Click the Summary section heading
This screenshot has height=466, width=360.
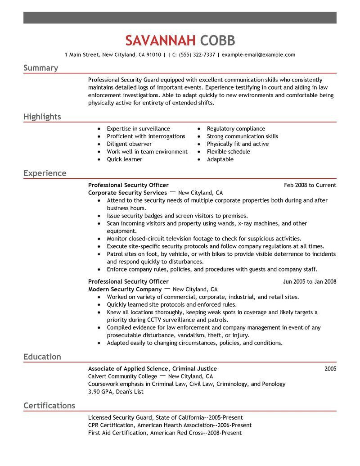coord(40,68)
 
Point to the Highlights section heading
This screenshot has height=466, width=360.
coord(42,117)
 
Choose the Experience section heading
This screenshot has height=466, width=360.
coord(45,173)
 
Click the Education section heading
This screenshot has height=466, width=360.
coord(42,357)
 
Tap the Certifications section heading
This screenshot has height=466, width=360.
coord(49,406)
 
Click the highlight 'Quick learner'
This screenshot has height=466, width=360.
coord(124,159)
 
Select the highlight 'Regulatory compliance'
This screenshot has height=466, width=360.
coord(236,129)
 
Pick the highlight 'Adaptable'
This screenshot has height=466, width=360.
coord(220,159)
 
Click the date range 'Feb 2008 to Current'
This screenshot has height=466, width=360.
coord(310,185)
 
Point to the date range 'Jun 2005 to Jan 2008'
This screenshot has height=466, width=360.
coord(309,282)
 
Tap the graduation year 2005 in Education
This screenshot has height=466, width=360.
coord(330,369)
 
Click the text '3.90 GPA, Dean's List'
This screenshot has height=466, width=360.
coord(116,392)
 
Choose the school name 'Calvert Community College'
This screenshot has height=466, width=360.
coord(122,376)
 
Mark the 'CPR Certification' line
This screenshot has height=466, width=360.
coord(170,425)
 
